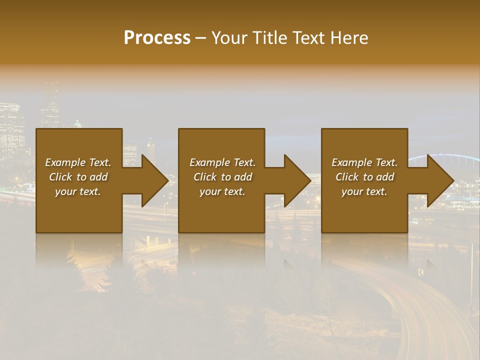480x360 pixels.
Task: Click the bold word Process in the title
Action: tap(157, 38)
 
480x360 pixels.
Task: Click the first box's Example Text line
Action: tap(78, 162)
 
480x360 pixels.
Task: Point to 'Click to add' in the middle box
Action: tap(222, 177)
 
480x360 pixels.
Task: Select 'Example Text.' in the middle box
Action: tap(222, 162)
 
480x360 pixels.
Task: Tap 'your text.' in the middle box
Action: tap(222, 191)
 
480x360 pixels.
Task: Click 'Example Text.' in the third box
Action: tap(364, 162)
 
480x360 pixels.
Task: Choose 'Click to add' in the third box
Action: tap(364, 177)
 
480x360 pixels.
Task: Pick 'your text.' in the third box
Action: tap(364, 191)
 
